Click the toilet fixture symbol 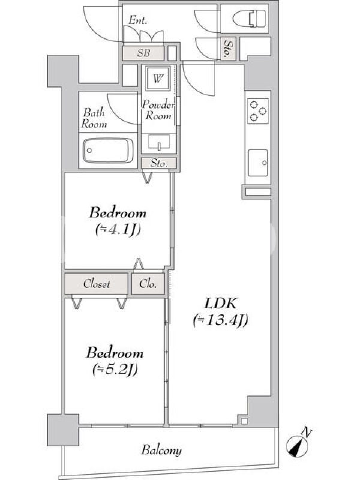pos(249,19)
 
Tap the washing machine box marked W pos(158,79)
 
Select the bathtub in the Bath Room pos(108,151)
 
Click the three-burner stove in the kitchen pos(258,111)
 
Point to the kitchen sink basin pos(258,163)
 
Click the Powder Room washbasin pos(159,143)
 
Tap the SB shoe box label pos(143,53)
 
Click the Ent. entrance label pos(137,20)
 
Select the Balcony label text pos(161,451)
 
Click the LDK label pos(220,304)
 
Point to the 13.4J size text pos(220,320)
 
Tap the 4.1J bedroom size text pos(118,229)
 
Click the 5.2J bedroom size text pos(115,370)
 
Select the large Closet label pos(97,284)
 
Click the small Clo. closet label pos(148,284)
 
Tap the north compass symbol pos(297,446)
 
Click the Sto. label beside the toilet pos(228,49)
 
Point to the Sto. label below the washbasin pos(159,163)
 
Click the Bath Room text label pos(94,118)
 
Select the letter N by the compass pos(306,433)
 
